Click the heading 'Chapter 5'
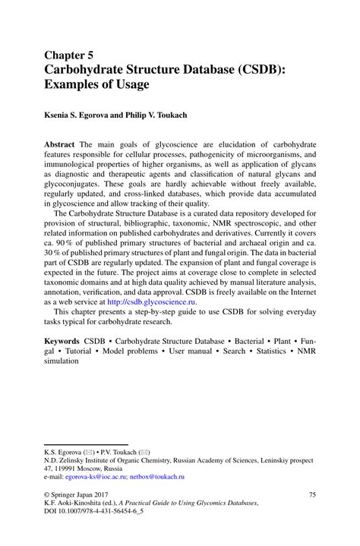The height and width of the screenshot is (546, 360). (x=68, y=55)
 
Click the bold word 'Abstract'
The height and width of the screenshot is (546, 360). (x=59, y=144)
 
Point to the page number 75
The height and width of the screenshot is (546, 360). (x=311, y=494)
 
